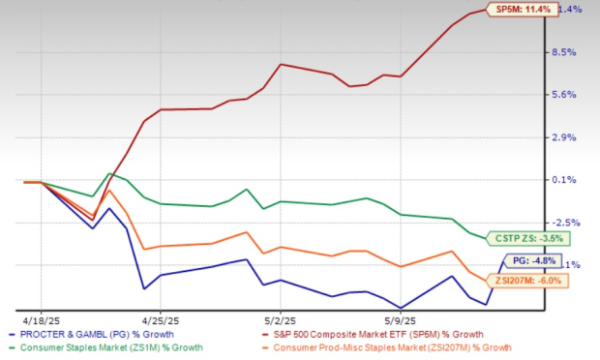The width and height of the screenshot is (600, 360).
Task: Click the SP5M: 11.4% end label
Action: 525,10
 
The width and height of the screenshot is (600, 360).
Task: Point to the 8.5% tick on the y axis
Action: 567,52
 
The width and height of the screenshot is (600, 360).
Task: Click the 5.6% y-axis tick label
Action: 567,95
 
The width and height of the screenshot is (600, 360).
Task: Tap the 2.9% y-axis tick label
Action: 567,137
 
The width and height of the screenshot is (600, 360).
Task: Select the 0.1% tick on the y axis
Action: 567,180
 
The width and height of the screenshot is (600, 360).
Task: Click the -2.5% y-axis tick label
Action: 567,223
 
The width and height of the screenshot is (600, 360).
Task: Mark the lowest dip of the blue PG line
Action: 400,308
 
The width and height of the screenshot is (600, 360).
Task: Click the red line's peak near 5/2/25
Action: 280,65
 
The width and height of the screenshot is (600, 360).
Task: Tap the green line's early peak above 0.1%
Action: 109,174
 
